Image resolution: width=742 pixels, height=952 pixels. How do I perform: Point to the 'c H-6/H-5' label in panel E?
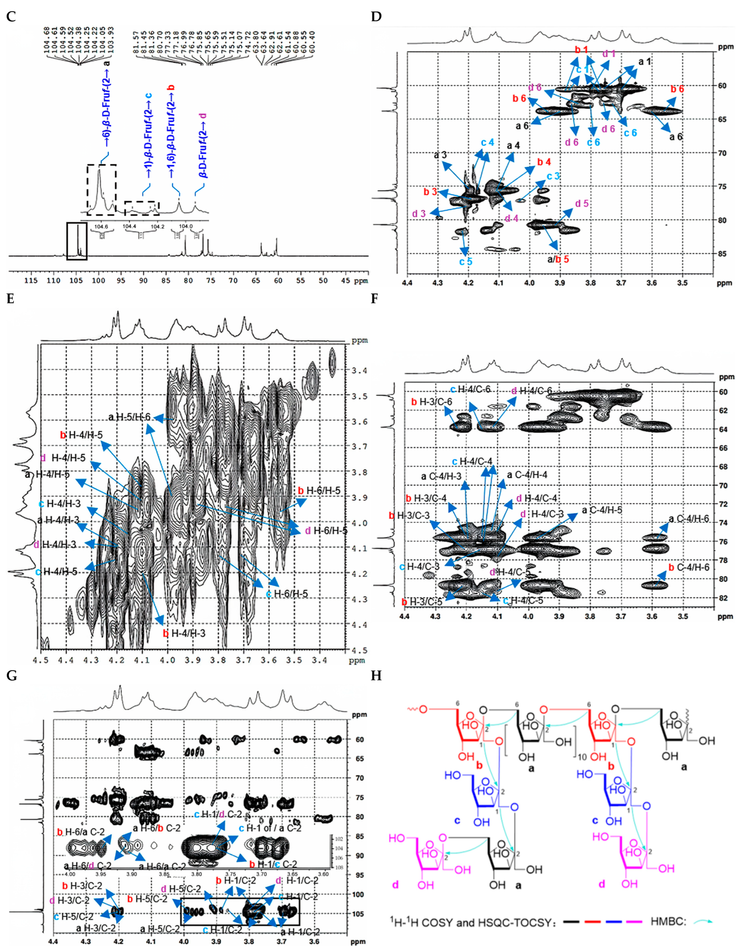pyautogui.click(x=287, y=594)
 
